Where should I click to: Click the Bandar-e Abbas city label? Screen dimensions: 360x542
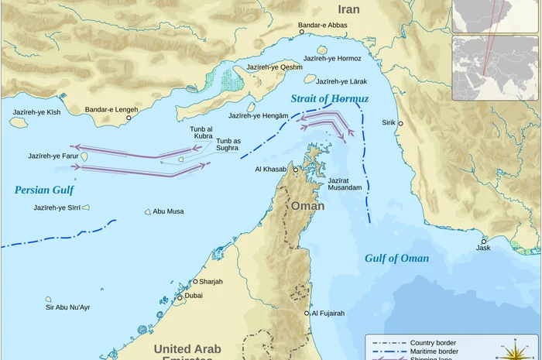point(323,25)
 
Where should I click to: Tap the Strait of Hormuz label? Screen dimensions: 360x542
point(330,99)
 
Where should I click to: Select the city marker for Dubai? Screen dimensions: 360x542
point(180,297)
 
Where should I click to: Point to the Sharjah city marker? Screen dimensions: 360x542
point(195,282)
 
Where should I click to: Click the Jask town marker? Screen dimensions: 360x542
point(483,240)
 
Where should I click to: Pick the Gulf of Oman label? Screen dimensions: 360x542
point(396,259)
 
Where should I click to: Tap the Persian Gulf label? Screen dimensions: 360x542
point(44,190)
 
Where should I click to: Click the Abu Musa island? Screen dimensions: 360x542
point(148,211)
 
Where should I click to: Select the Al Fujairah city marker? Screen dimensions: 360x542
point(307,314)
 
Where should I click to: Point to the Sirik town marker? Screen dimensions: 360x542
point(400,123)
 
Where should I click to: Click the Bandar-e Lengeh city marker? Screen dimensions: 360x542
point(129,118)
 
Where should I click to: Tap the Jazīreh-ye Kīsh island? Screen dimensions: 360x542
point(19,122)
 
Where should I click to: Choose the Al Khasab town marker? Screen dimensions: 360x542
point(295,169)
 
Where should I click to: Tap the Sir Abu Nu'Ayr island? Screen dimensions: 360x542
point(48,299)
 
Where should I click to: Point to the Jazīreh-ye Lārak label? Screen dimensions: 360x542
point(341,81)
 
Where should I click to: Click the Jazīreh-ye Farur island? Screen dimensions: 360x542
point(84,156)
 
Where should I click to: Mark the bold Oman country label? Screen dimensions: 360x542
point(307,206)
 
